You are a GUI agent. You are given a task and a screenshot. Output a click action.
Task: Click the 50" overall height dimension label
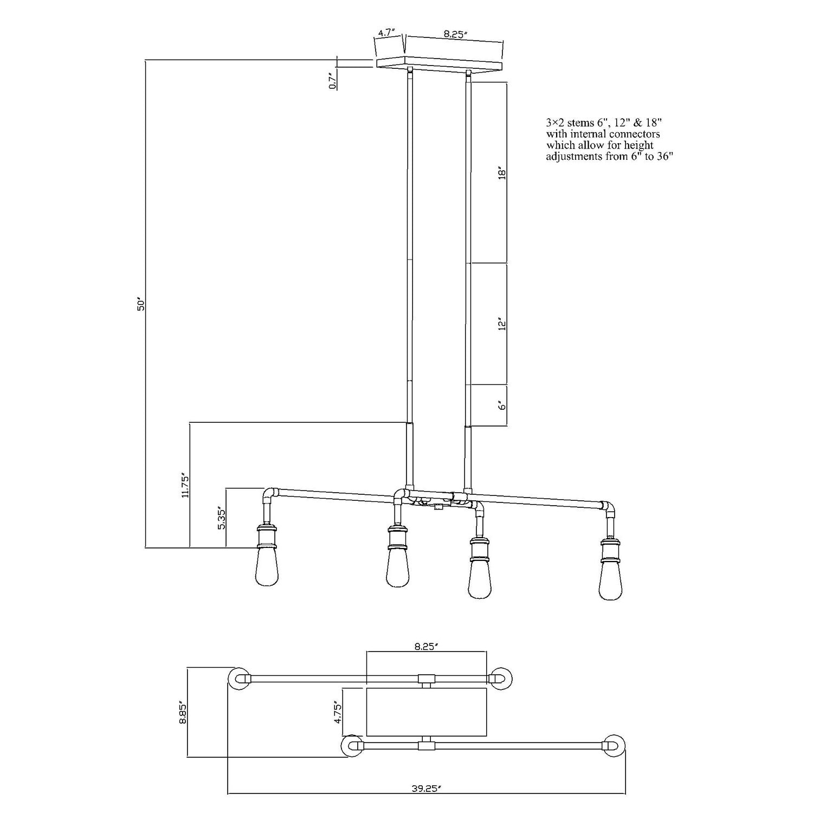pyautogui.click(x=141, y=304)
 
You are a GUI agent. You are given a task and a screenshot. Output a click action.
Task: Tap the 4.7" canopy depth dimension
pyautogui.click(x=386, y=33)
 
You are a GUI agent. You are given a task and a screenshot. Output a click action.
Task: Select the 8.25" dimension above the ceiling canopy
pyautogui.click(x=455, y=34)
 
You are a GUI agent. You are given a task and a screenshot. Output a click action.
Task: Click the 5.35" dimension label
pyautogui.click(x=221, y=519)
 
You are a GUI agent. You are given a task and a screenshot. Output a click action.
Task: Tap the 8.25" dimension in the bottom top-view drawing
pyautogui.click(x=426, y=646)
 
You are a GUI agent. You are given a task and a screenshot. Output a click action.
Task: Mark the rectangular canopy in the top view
pyautogui.click(x=427, y=712)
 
